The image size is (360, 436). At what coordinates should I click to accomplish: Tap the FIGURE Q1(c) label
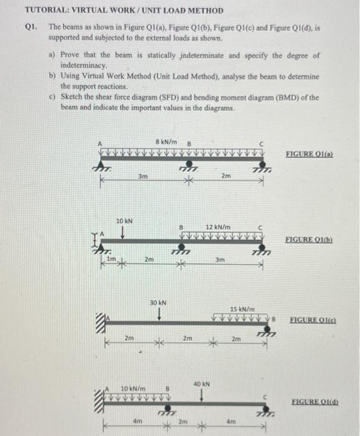pos(313,320)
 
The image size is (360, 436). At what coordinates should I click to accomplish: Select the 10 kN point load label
pos(125,220)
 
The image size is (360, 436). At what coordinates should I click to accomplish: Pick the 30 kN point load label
pos(158,303)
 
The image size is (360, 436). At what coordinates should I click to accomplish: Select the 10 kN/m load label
pos(133,389)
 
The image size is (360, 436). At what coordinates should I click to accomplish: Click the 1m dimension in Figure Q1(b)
pos(111,259)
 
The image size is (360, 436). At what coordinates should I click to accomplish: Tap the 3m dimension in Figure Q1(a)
pos(143,176)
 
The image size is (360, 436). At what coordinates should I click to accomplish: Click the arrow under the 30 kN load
pos(159,315)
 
